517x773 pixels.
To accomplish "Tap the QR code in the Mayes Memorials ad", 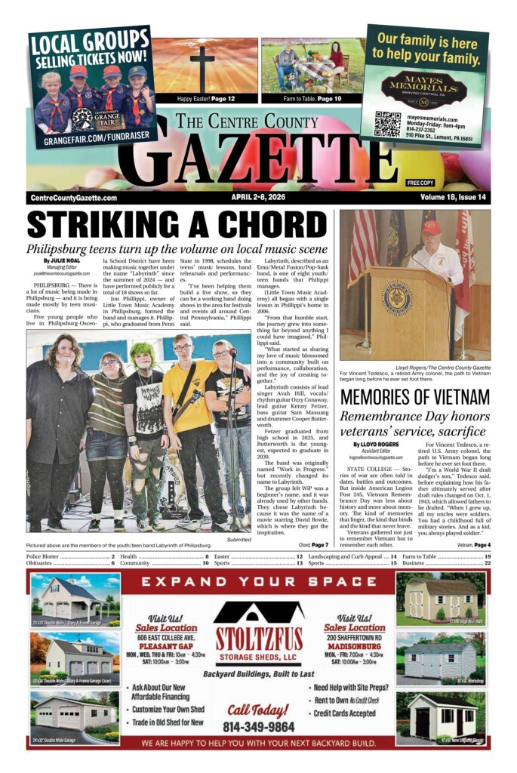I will click(x=388, y=124).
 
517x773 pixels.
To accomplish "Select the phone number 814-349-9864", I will click(x=258, y=726).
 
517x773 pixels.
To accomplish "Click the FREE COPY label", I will click(x=420, y=183).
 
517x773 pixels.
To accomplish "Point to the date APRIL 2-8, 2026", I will click(x=262, y=198).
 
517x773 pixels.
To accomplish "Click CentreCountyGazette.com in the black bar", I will click(x=74, y=198).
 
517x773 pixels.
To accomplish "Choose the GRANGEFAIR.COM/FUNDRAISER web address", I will click(x=91, y=136).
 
